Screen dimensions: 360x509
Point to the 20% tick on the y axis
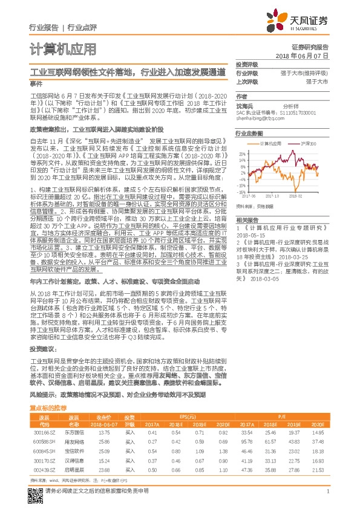click(x=241, y=154)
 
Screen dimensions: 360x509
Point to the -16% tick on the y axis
click(x=241, y=192)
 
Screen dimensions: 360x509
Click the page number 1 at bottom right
click(x=327, y=491)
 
